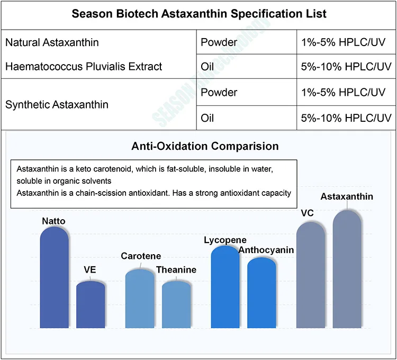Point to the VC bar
click(311, 275)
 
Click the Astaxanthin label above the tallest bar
click(347, 197)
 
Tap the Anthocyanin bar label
click(266, 250)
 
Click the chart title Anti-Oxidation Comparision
click(205, 146)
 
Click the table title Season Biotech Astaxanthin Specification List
click(198, 14)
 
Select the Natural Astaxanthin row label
click(52, 42)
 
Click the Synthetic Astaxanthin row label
click(57, 105)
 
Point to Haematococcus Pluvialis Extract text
click(84, 67)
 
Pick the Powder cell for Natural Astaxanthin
click(219, 42)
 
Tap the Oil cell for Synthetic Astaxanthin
click(208, 118)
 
